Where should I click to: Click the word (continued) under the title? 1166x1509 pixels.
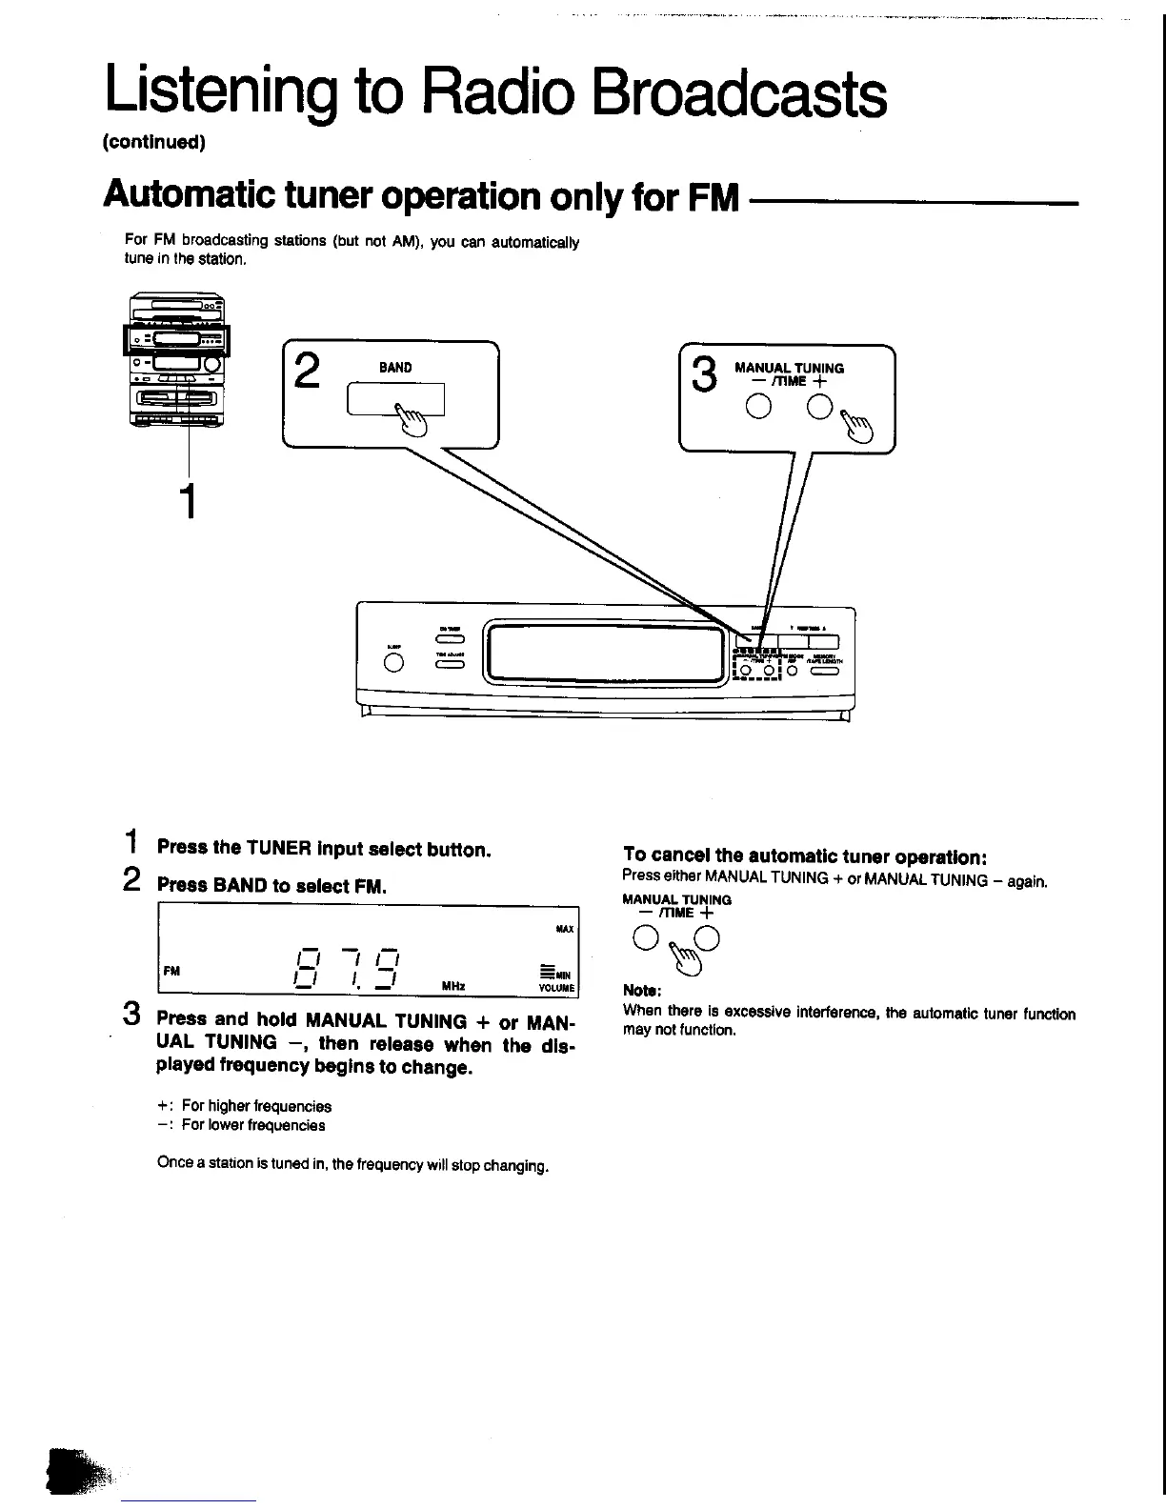[153, 143]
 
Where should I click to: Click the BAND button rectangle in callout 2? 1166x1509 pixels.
[395, 398]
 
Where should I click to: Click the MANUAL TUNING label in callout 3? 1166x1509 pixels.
[789, 368]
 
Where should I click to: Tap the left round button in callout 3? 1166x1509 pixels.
[758, 408]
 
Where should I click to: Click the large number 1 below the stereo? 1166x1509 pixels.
[190, 501]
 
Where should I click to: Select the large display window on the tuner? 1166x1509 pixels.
[607, 653]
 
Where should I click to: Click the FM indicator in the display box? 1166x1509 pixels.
[171, 971]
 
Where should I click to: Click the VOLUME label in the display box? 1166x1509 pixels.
[555, 989]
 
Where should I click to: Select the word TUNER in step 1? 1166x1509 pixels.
[279, 848]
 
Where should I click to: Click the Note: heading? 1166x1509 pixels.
[641, 990]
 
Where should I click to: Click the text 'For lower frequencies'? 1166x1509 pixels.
[253, 1125]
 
